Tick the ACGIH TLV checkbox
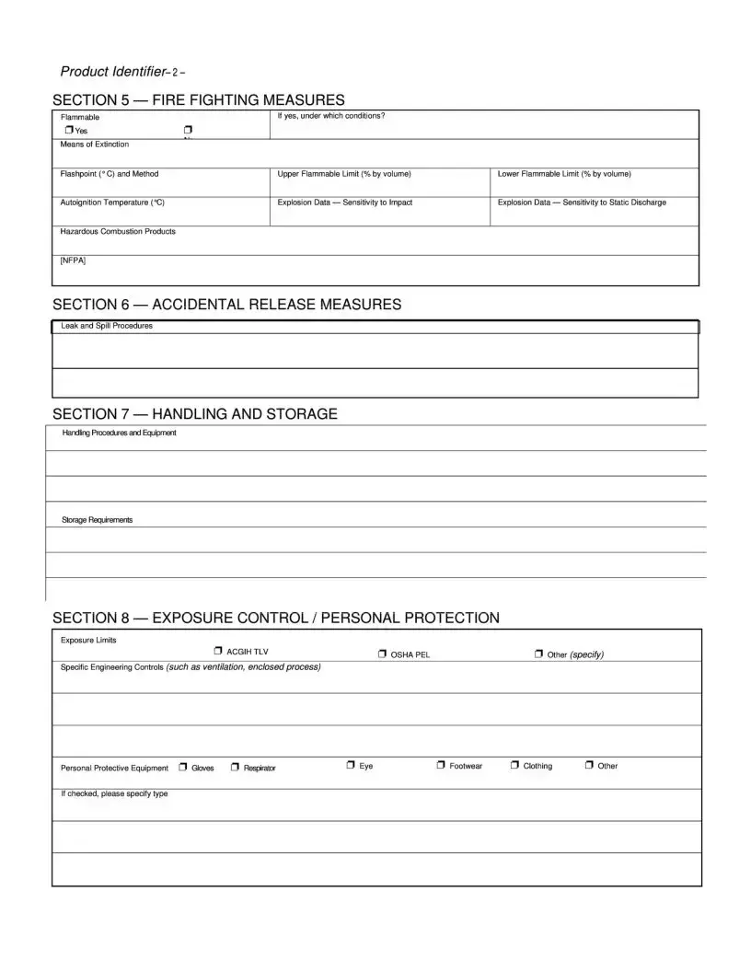218,651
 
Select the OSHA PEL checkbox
382,654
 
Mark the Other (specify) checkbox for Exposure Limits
538,654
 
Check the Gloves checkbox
183,767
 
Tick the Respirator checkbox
235,767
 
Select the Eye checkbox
351,765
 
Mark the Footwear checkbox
441,765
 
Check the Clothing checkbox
514,765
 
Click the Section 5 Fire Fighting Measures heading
199,99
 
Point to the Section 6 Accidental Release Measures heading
226,304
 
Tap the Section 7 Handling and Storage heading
195,414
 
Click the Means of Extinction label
95,145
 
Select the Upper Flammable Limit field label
344,174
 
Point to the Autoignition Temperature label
113,202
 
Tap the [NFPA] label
74,260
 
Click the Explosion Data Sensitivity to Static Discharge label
582,202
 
